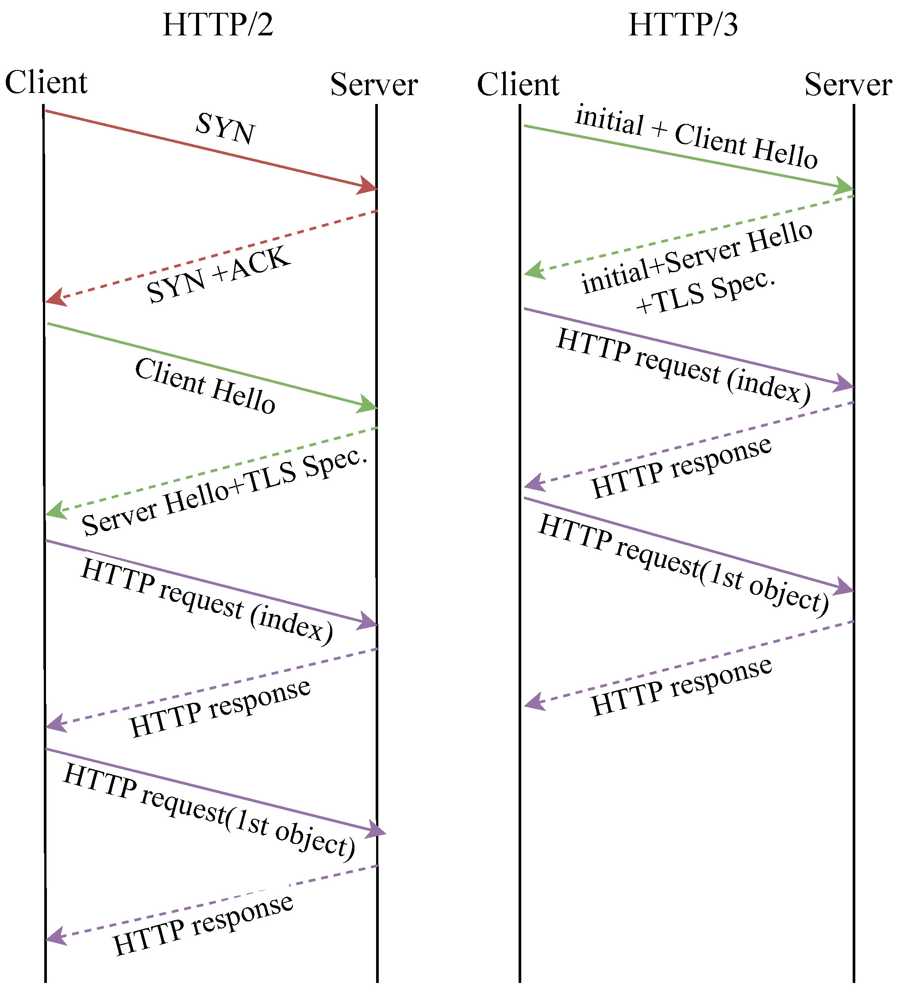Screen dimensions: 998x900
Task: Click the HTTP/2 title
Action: tap(218, 25)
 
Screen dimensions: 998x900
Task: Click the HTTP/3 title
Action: tap(683, 25)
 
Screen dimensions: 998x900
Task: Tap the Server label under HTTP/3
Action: tap(848, 85)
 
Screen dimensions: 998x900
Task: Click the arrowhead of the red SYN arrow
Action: tap(369, 186)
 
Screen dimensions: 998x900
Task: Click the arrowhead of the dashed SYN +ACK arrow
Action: tap(54, 298)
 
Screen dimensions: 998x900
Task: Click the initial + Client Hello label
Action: tap(696, 137)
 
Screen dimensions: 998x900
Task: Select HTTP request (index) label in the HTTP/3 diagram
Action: tap(684, 366)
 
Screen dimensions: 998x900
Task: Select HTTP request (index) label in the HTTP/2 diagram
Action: tap(207, 601)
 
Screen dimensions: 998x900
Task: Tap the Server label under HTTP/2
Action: tap(374, 85)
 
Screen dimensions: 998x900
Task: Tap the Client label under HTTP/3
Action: tap(518, 85)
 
